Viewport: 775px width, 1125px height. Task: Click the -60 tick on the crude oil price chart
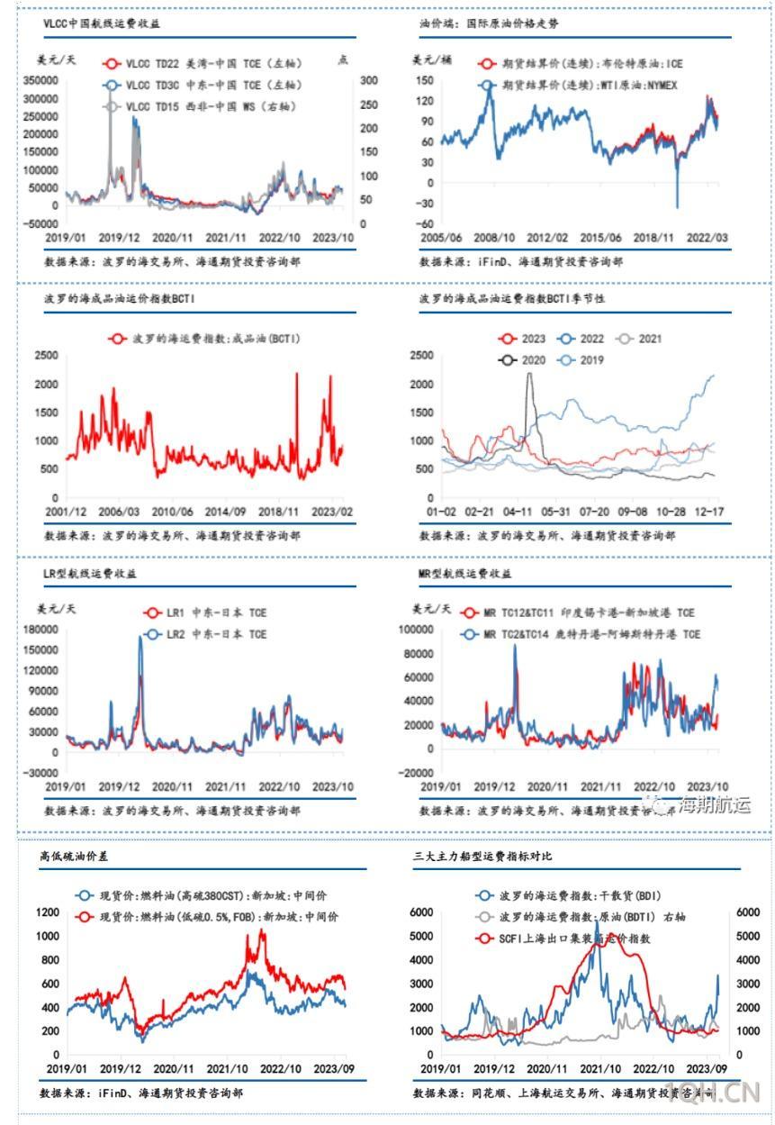423,223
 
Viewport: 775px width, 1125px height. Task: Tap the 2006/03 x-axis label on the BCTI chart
120,511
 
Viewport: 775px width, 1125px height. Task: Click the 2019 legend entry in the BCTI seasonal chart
590,359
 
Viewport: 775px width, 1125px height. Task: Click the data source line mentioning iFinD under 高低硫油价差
140,1092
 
